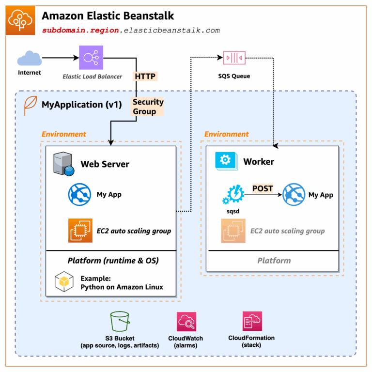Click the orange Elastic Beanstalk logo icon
20,20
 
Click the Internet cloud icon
29,59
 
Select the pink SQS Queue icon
234,58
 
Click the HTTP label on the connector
145,76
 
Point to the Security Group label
147,107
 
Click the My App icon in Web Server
79,195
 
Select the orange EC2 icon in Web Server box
79,231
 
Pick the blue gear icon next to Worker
225,161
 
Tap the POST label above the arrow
263,188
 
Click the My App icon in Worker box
294,195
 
